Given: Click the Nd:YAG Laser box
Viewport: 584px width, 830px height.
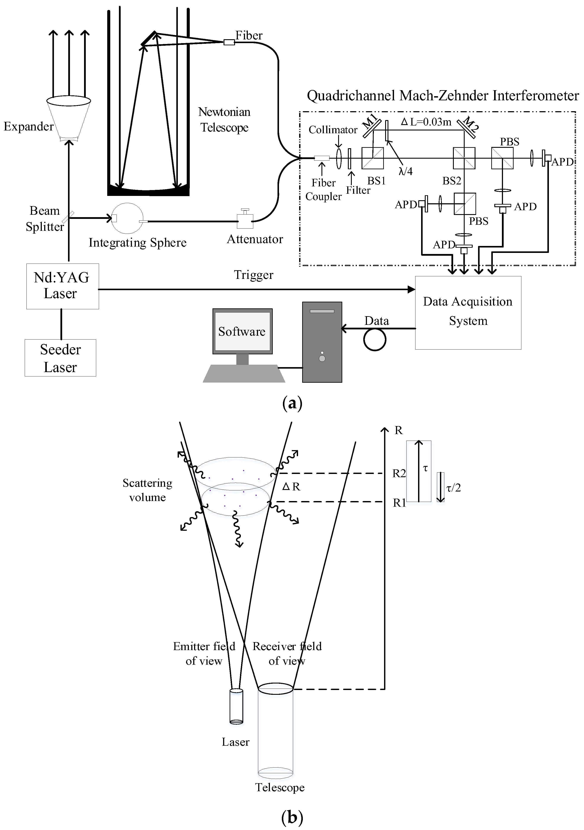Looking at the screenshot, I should click(x=62, y=286).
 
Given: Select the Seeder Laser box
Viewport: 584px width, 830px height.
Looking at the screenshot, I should click(x=60, y=358).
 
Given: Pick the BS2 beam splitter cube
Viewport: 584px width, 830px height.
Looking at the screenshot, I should click(x=464, y=158).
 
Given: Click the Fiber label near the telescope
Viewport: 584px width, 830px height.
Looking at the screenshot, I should click(x=249, y=35).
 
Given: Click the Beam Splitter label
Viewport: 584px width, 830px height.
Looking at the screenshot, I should click(x=44, y=218).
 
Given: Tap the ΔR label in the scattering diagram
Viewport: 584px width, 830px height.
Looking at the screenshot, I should click(x=291, y=487).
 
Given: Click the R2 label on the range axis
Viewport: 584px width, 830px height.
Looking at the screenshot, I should click(x=399, y=473).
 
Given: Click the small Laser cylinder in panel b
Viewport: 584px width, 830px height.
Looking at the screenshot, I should click(x=236, y=706).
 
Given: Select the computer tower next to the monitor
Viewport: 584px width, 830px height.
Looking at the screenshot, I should click(x=322, y=342).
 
